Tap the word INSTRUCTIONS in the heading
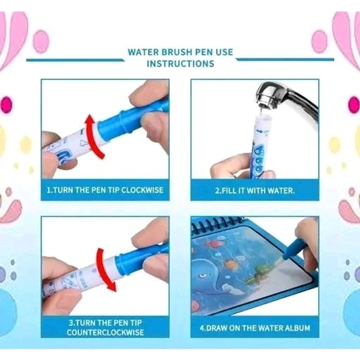pyautogui.click(x=180, y=64)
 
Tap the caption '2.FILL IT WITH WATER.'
pyautogui.click(x=255, y=190)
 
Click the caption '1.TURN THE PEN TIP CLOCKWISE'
pyautogui.click(x=105, y=190)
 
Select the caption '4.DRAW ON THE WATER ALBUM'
pyautogui.click(x=255, y=328)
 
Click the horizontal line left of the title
pyautogui.click(x=75, y=59)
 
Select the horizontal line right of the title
pyautogui.click(x=285, y=59)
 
